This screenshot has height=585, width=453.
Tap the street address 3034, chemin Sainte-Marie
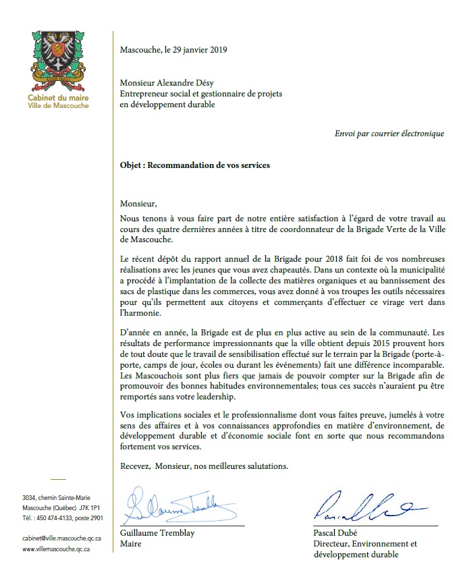(x=56, y=497)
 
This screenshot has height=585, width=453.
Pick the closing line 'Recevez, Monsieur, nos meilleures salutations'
(x=204, y=466)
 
